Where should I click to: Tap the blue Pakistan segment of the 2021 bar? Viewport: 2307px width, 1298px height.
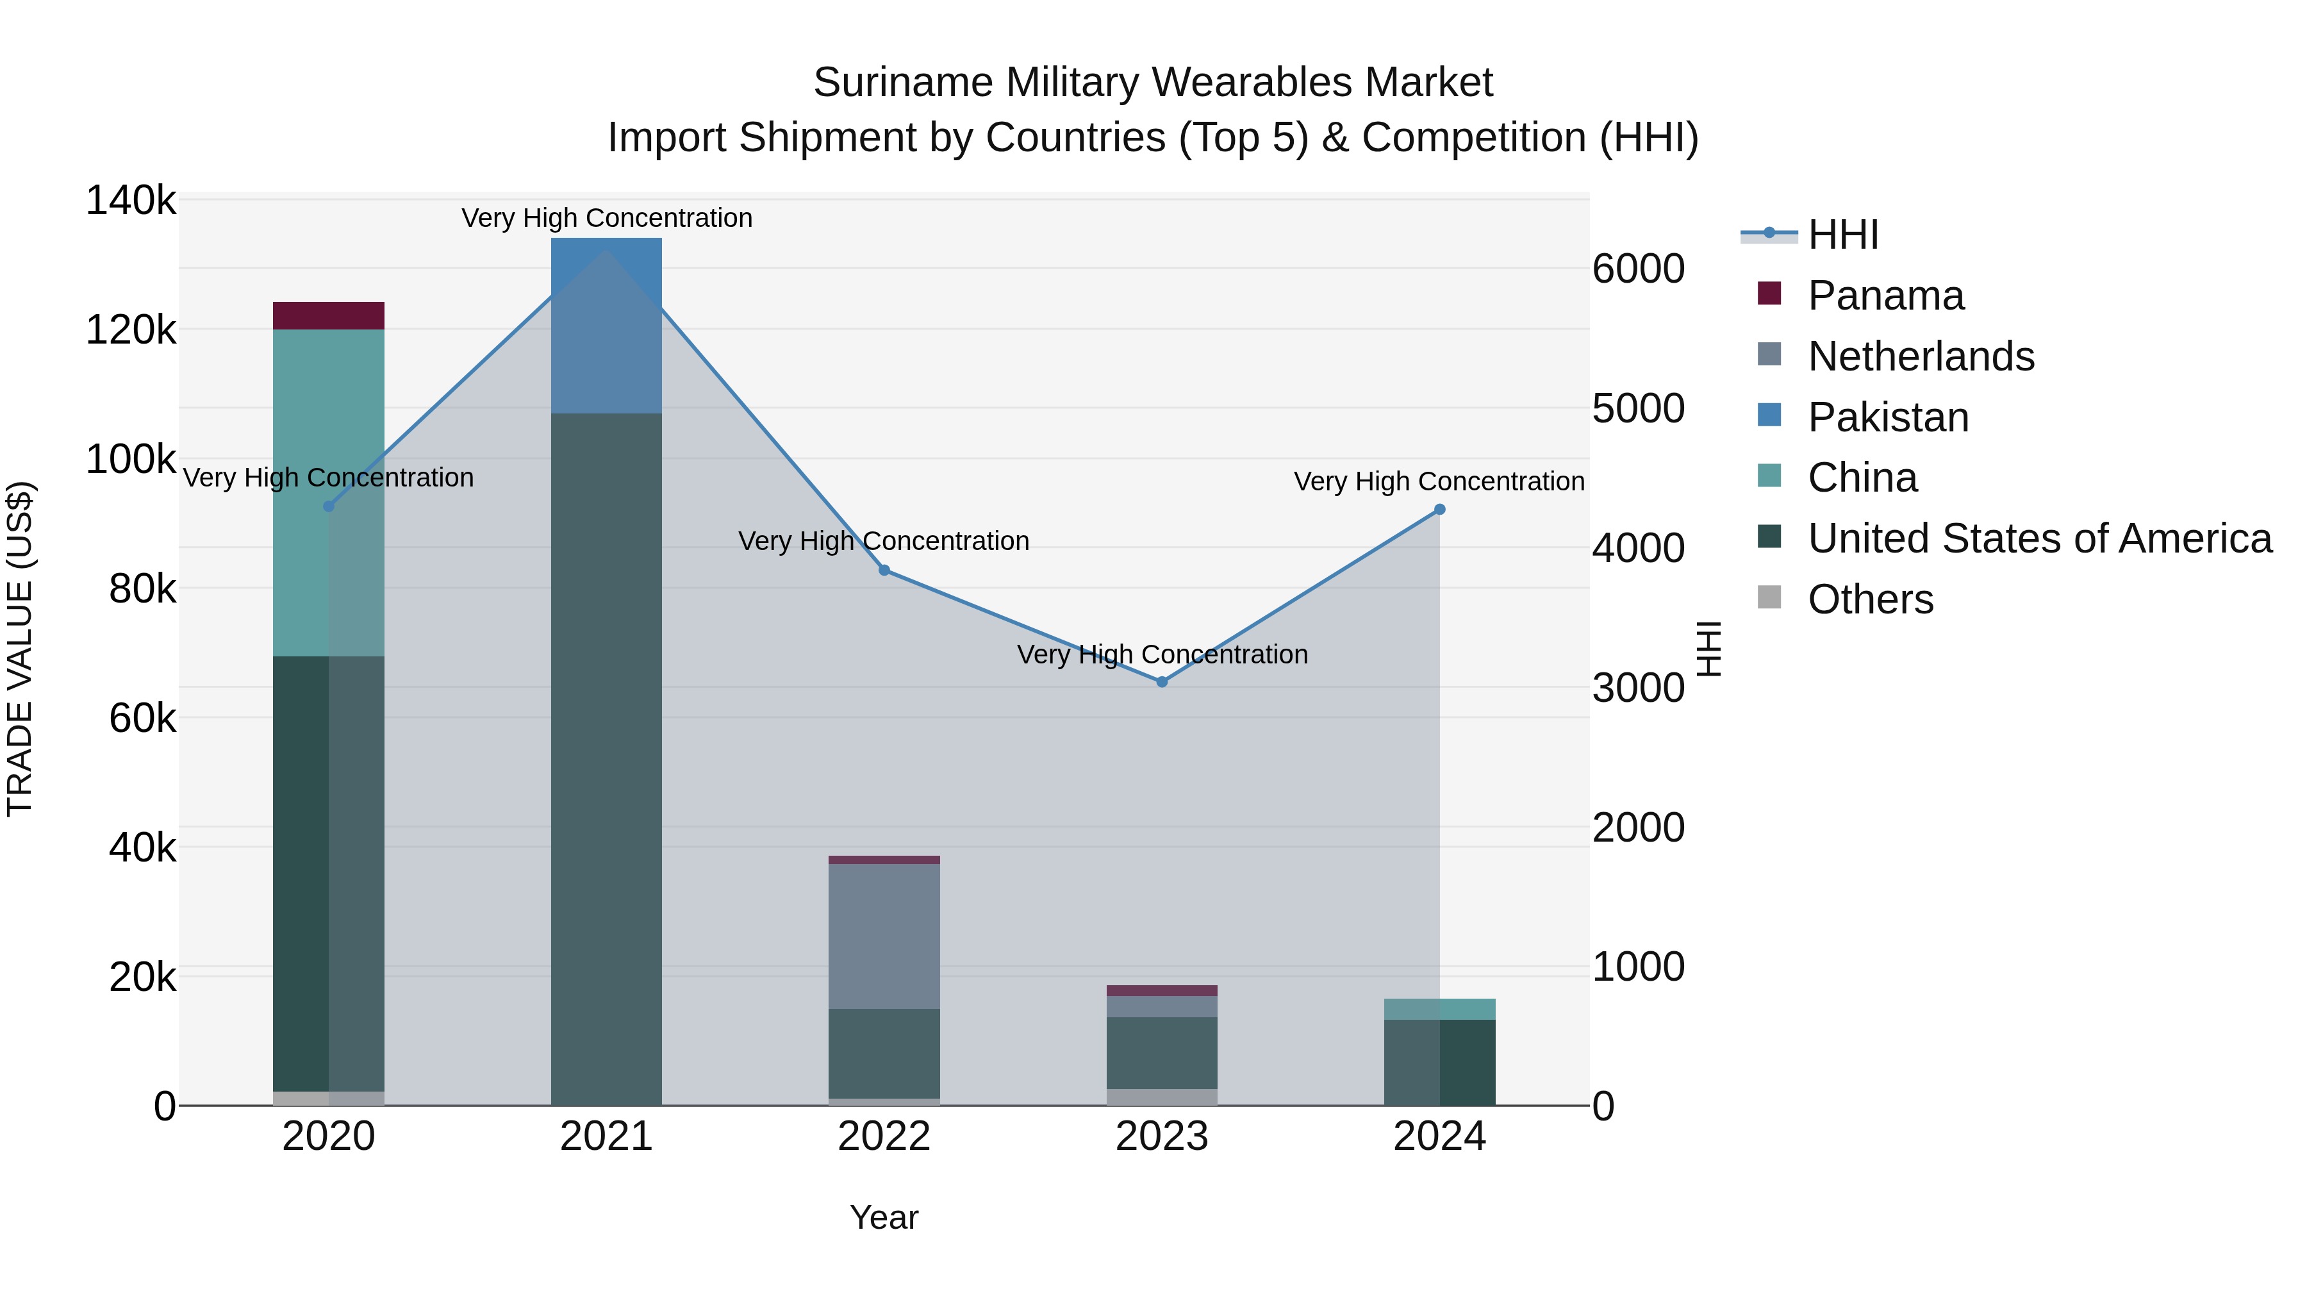tap(606, 325)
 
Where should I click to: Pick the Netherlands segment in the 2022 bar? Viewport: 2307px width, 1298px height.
tap(883, 936)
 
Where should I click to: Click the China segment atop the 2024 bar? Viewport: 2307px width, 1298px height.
tap(1439, 1009)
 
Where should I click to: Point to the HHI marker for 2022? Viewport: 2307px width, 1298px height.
tap(883, 570)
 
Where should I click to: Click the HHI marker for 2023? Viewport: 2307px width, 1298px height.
tap(1162, 682)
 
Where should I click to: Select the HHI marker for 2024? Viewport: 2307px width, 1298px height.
tap(1439, 510)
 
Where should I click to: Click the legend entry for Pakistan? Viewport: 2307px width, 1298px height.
tap(1887, 417)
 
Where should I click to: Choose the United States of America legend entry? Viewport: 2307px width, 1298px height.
tap(2038, 538)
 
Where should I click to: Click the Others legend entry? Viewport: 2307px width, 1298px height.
tap(1869, 599)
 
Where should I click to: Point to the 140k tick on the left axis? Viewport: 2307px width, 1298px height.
tap(131, 201)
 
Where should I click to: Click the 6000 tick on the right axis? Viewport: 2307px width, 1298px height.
tap(1638, 269)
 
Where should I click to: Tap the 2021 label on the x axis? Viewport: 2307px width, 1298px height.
tap(606, 1136)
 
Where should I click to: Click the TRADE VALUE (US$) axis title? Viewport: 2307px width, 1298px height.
tap(20, 649)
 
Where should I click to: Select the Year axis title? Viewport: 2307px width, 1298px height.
tap(883, 1217)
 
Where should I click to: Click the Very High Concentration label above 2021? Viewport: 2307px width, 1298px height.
tap(606, 218)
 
